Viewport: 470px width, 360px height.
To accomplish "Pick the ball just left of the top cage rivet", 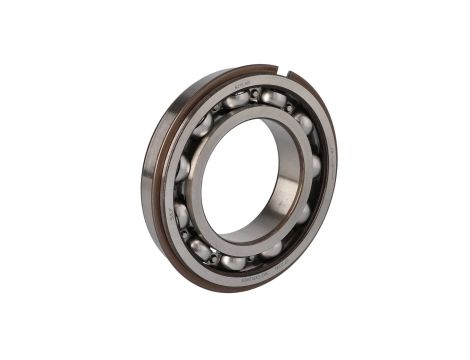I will click(237, 98).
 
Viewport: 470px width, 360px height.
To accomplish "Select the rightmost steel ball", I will click(314, 166).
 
